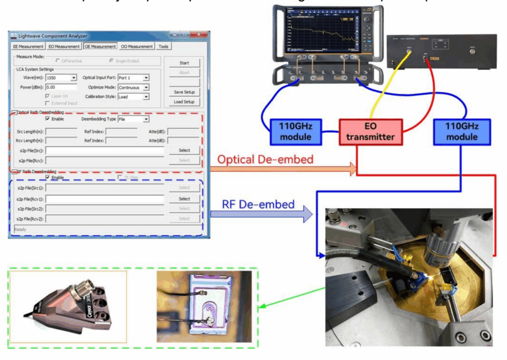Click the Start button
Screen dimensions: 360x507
click(184, 63)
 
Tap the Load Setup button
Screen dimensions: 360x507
click(184, 102)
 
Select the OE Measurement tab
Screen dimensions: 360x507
click(100, 47)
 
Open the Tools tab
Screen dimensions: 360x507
click(163, 47)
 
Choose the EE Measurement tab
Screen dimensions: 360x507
click(28, 47)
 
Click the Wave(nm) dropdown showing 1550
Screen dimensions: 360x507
click(61, 78)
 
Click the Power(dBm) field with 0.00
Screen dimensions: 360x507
click(61, 87)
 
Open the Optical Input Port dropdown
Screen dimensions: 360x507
click(133, 78)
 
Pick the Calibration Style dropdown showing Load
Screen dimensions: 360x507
click(133, 97)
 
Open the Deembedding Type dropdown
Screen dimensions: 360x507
click(133, 119)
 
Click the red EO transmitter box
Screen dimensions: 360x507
click(371, 131)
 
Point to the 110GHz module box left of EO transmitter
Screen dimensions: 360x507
click(292, 131)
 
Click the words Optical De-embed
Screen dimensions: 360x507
click(265, 159)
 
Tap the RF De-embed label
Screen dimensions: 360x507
click(258, 204)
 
